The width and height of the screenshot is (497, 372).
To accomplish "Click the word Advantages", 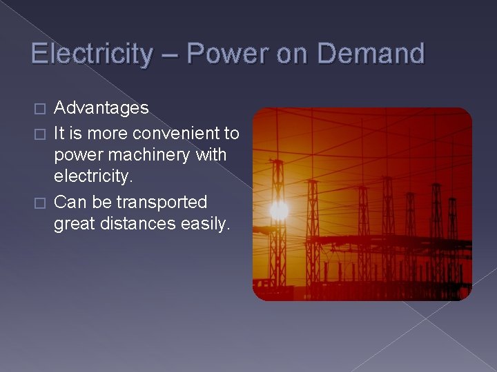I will click(101, 108).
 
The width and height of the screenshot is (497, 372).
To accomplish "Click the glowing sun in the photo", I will click(279, 210).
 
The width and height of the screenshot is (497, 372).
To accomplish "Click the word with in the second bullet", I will click(211, 154).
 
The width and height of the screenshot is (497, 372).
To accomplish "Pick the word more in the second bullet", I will click(106, 132).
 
